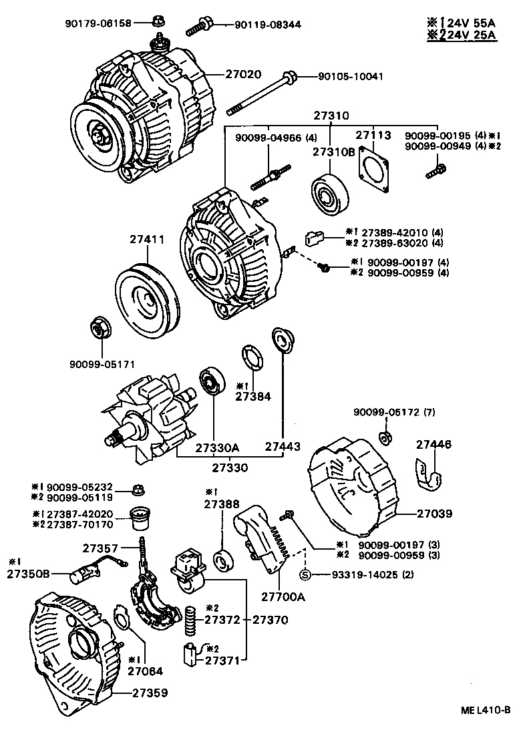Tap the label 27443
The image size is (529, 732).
[x=283, y=446]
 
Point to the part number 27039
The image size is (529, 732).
[x=435, y=514]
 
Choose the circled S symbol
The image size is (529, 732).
[x=305, y=574]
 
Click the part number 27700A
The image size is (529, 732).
[x=283, y=596]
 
